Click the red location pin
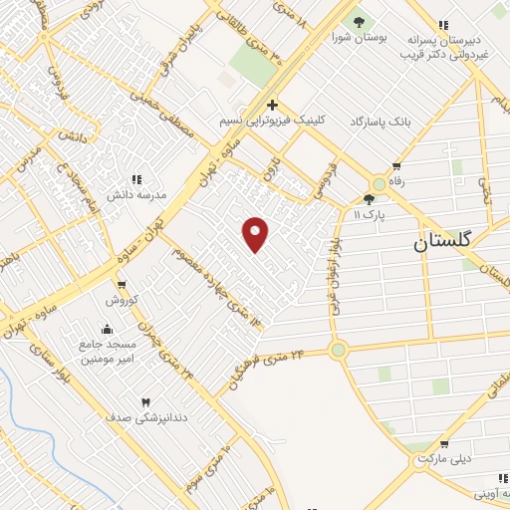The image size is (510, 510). click(x=256, y=233)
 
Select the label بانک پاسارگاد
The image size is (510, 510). click(x=379, y=121)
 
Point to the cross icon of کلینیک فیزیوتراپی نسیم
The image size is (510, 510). click(x=272, y=104)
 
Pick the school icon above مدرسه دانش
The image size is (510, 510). click(x=136, y=179)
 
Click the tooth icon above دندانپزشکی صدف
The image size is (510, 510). click(x=146, y=400)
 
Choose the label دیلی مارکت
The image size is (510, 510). click(x=442, y=459)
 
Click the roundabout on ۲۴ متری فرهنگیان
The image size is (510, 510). click(x=339, y=350)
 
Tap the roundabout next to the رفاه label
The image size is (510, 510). click(x=379, y=184)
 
